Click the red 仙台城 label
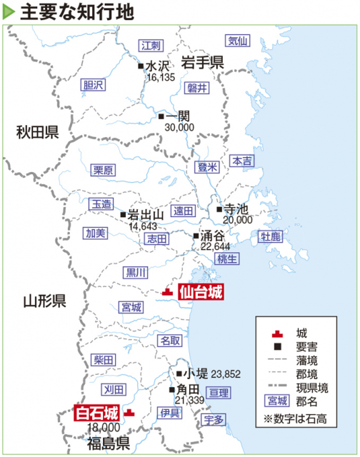coord(201,291)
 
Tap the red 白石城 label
coord(96,413)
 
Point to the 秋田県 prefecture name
coord(39,132)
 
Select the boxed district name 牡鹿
coord(271,236)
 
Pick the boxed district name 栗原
coord(103,170)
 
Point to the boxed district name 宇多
coord(213,419)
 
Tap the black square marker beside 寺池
coord(219,209)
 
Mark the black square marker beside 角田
coord(172,390)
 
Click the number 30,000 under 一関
coord(179,126)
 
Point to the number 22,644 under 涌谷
coord(216,246)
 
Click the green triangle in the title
coord(9,11)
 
